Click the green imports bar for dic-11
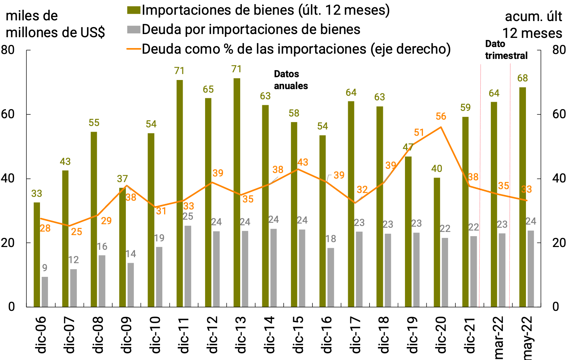point(180,193)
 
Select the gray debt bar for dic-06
point(45,292)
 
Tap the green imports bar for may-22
point(522,196)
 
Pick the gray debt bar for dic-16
point(331,277)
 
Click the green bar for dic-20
point(437,242)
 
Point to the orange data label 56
point(441,116)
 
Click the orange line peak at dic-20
point(441,127)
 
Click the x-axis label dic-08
point(98,334)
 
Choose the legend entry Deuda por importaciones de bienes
point(251,29)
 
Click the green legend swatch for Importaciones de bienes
point(134,10)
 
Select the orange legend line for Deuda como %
point(134,49)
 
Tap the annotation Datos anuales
point(291,80)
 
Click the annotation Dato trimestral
point(506,50)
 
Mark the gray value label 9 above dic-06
point(45,268)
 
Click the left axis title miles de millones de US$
point(55,24)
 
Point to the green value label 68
point(522,78)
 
